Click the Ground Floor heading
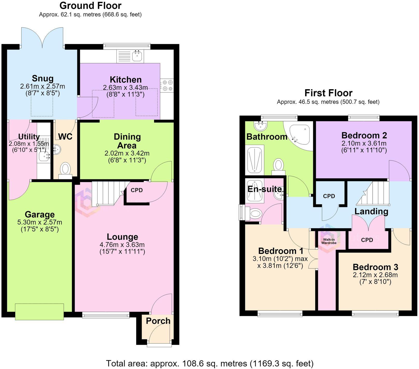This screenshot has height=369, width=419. click(x=90, y=5)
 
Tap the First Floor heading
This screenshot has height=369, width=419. click(x=328, y=93)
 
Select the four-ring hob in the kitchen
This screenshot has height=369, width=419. click(x=167, y=85)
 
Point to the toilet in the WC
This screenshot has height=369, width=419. click(x=65, y=170)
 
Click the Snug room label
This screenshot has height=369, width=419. click(x=43, y=78)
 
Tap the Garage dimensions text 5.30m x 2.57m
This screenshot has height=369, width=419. click(x=40, y=222)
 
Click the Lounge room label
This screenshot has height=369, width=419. click(x=122, y=237)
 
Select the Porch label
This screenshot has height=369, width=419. click(x=158, y=321)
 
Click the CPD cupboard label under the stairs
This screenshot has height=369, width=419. click(x=137, y=190)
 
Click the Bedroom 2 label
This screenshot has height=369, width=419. click(x=364, y=135)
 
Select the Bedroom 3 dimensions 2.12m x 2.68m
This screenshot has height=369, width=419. click(x=375, y=275)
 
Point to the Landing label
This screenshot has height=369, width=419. click(x=371, y=211)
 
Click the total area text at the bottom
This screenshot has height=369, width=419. click(x=210, y=363)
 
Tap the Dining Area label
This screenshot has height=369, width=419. click(x=127, y=141)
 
